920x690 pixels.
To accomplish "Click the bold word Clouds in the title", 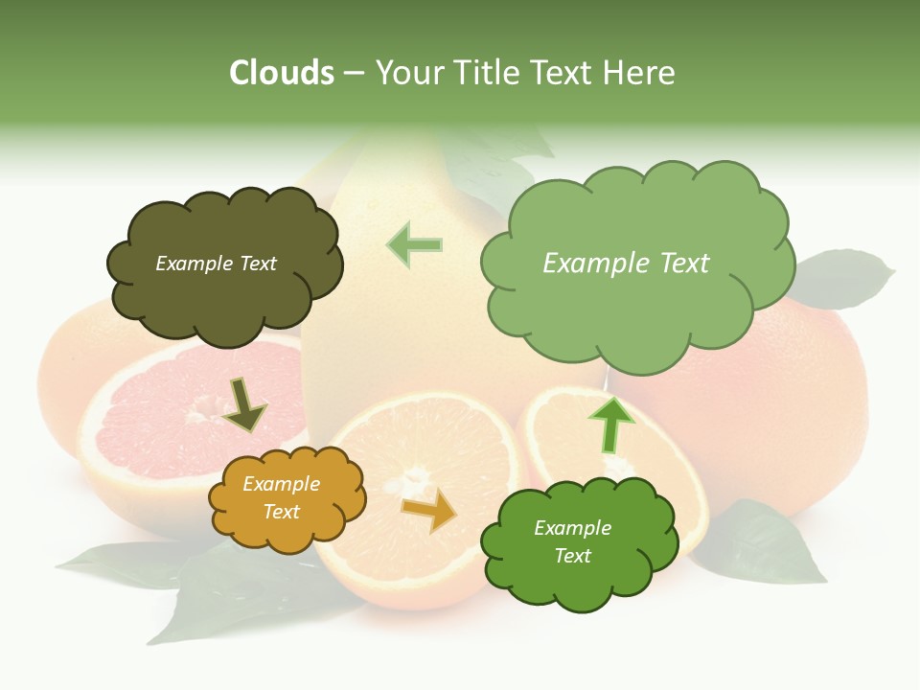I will [x=282, y=73].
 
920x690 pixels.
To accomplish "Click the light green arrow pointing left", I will [x=414, y=244].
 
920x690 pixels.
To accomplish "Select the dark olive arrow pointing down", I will [x=244, y=404].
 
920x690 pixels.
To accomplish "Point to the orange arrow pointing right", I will [x=429, y=509].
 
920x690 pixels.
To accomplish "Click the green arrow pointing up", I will [x=610, y=424].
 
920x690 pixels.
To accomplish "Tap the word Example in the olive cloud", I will [x=193, y=264].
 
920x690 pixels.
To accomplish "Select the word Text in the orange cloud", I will [x=281, y=512].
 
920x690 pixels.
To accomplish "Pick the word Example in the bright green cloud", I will [x=572, y=528].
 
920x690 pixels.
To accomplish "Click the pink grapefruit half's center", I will [x=198, y=415].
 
